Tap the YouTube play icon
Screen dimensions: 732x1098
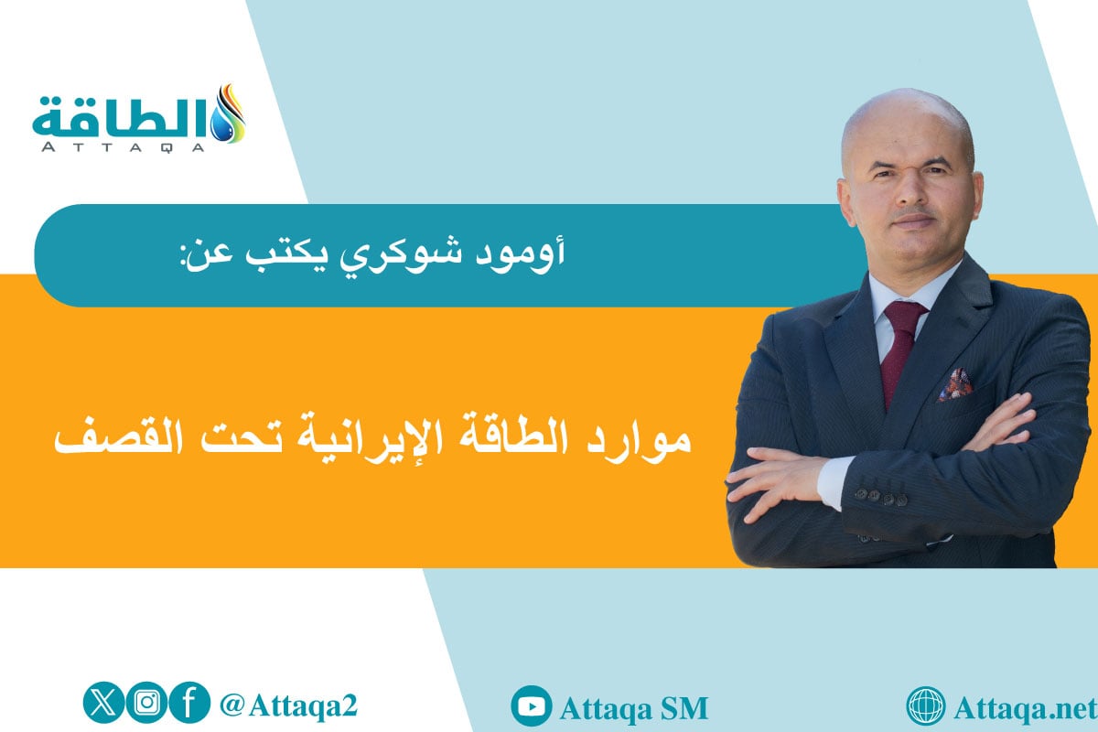point(531,707)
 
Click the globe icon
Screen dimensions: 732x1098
point(925,707)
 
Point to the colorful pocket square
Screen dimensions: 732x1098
point(953,383)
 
